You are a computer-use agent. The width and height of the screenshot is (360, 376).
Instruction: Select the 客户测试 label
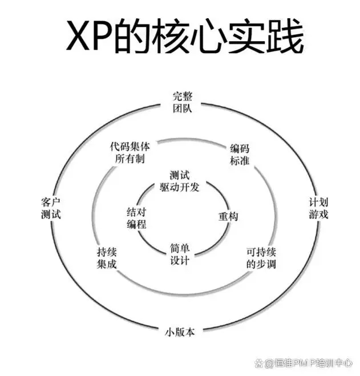51,209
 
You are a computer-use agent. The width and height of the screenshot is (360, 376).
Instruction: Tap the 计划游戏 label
318,209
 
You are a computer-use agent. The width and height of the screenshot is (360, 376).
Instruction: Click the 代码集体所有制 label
130,152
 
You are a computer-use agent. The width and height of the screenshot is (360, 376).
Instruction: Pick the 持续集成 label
107,258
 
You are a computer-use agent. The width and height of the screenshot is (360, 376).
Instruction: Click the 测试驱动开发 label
179,181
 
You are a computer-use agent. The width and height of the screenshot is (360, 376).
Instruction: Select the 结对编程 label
136,217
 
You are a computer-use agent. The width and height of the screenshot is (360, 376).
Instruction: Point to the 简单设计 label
179,254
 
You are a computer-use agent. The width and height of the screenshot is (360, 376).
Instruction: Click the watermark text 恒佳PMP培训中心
311,362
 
